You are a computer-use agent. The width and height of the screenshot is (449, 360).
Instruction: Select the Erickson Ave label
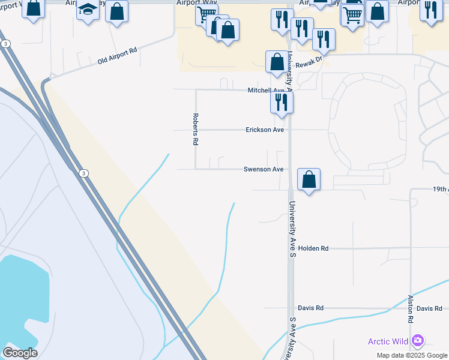[x=265, y=130]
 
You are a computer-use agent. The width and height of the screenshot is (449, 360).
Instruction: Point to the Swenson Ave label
[x=263, y=169]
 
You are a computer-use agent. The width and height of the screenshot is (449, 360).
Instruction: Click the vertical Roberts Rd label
[x=195, y=130]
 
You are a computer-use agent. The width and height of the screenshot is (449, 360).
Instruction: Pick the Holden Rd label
[x=313, y=248]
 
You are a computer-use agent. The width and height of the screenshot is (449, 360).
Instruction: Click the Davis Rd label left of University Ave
[x=310, y=308]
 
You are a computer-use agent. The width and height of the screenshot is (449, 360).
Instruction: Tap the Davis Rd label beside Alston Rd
[x=429, y=308]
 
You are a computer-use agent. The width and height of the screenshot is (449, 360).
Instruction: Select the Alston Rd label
[x=411, y=309]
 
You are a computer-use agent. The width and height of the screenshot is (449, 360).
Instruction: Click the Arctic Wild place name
[x=388, y=342]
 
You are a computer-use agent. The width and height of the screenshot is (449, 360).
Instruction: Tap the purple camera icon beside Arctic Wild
[x=418, y=341]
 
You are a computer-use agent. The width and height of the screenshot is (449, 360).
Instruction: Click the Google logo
[x=20, y=353]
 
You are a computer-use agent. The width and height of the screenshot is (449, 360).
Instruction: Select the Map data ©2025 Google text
[x=412, y=355]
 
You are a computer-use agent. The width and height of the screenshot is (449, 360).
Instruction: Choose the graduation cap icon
[x=88, y=10]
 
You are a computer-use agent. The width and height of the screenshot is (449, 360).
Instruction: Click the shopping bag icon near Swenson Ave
[x=309, y=179]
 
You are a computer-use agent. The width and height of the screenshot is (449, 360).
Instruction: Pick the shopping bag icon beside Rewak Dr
[x=277, y=61]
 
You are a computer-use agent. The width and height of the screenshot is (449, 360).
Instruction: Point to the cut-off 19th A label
[x=441, y=189]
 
